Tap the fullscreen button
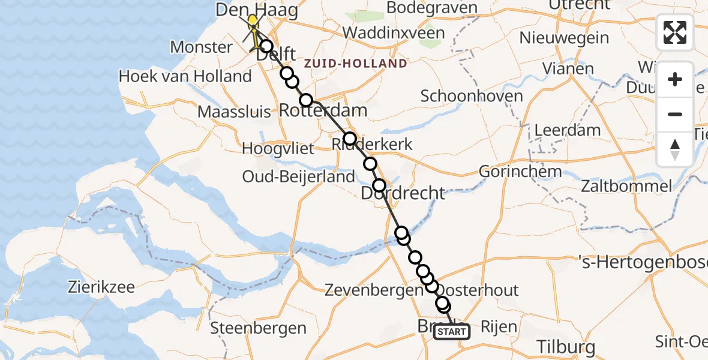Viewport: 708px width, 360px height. [x=675, y=32]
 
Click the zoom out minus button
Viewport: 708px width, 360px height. [x=675, y=114]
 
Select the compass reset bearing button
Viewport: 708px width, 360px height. [x=675, y=149]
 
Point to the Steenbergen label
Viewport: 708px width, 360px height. [x=259, y=328]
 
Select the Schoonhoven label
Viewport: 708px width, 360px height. [x=472, y=96]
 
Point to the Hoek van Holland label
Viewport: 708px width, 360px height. [x=185, y=76]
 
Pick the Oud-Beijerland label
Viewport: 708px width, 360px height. [x=298, y=176]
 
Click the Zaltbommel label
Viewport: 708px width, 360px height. [x=626, y=186]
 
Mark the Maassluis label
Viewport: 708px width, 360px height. [x=236, y=112]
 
